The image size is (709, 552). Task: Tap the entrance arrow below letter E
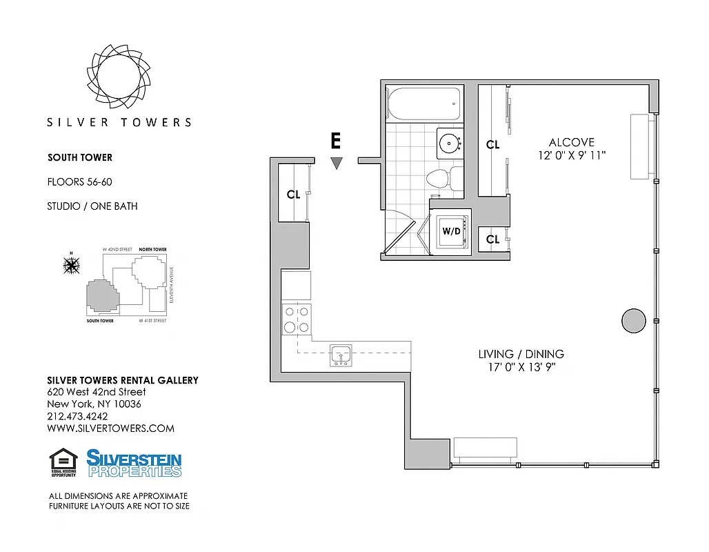point(336,164)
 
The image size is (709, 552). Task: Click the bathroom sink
point(450,143)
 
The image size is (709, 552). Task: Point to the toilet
point(438,178)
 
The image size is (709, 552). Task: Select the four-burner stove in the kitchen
point(296,319)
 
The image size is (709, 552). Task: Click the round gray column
point(634,320)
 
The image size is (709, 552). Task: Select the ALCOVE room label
point(572,143)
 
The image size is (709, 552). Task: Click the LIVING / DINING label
point(521,354)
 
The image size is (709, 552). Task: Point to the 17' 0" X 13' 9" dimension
point(521,367)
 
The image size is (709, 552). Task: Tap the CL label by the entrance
point(293,195)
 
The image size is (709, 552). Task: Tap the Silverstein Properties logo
point(134,463)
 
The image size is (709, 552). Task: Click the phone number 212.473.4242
point(77,416)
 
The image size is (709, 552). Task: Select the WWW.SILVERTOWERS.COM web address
point(110,428)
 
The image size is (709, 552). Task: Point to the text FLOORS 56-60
point(79,182)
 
